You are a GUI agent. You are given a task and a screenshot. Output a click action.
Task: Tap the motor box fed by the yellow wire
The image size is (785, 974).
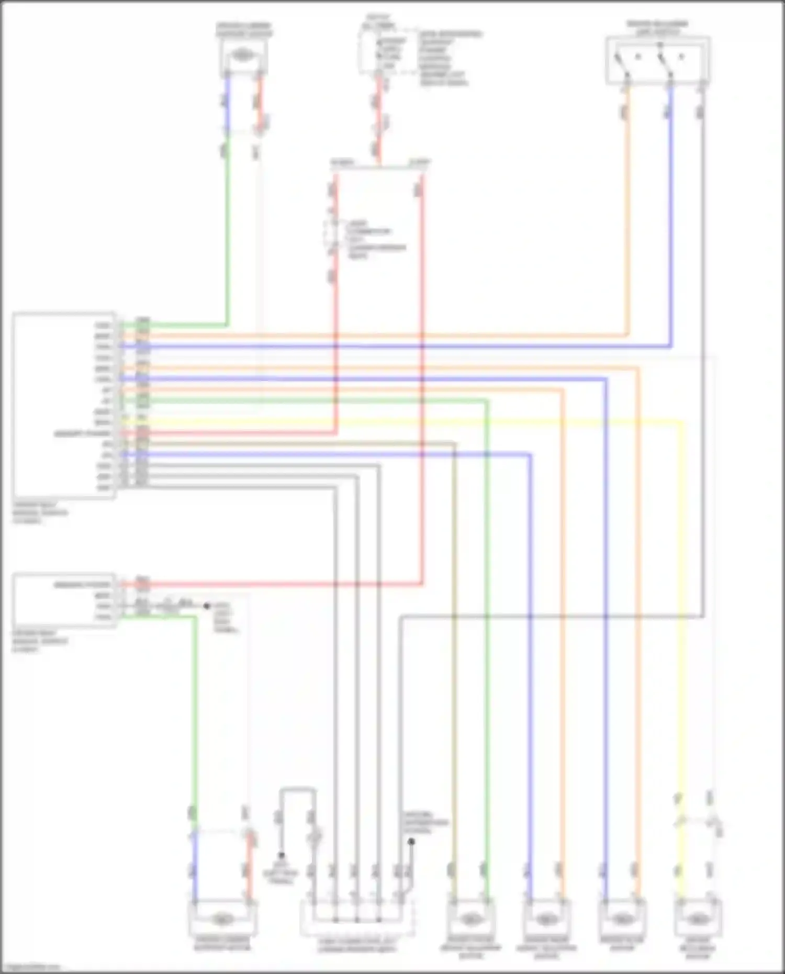[x=698, y=918]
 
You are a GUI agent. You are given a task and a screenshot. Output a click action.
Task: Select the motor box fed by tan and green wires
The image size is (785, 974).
[x=469, y=918]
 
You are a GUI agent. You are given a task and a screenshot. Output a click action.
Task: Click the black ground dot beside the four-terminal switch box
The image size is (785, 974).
[x=207, y=606]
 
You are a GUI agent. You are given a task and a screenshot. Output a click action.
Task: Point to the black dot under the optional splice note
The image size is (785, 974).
[x=411, y=842]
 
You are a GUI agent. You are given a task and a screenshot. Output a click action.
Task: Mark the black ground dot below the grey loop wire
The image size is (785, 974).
[x=282, y=855]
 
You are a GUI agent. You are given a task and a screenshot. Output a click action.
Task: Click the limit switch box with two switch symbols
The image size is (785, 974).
[x=658, y=60]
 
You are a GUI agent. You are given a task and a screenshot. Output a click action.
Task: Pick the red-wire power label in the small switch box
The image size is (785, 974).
[x=83, y=585]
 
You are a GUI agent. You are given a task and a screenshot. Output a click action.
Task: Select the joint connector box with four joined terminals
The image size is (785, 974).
[x=357, y=918]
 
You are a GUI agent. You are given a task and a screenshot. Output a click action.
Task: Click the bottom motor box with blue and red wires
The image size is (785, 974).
[x=222, y=918]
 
